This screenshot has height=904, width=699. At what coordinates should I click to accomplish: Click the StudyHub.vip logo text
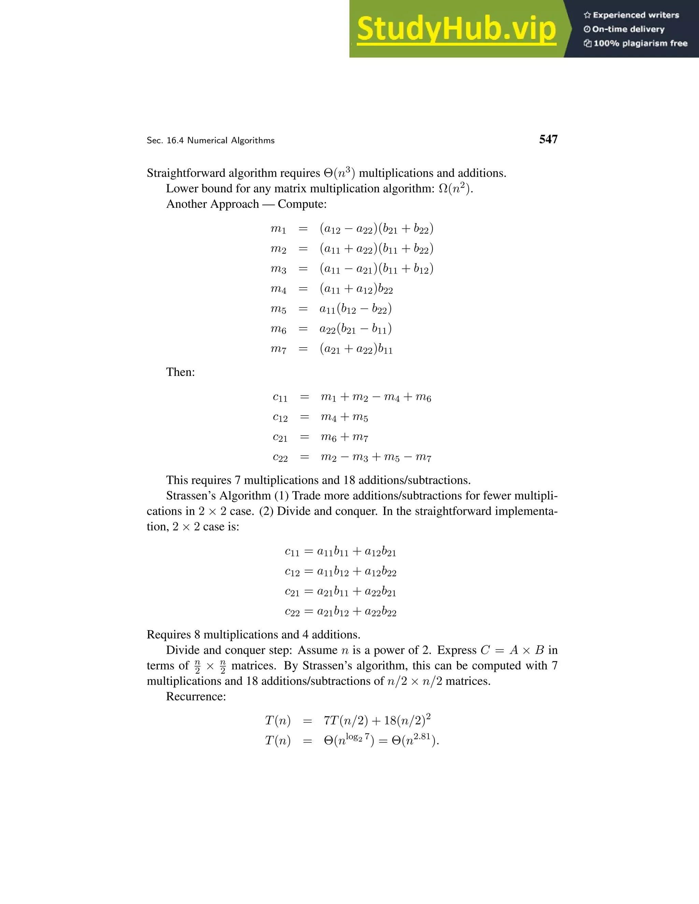click(x=456, y=29)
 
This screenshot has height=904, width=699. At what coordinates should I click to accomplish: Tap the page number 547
click(x=548, y=140)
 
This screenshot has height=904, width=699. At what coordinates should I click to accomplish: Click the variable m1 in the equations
click(x=278, y=229)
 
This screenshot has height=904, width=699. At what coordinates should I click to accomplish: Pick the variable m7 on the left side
click(x=278, y=349)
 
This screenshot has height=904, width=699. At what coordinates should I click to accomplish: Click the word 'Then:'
click(x=181, y=372)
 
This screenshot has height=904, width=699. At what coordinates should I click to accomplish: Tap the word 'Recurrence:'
click(x=196, y=696)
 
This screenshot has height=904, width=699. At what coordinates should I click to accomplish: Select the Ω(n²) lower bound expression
click(x=455, y=189)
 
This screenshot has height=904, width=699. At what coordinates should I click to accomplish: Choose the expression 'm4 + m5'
click(x=344, y=417)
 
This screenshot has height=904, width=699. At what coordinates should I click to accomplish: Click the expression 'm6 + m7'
click(x=344, y=437)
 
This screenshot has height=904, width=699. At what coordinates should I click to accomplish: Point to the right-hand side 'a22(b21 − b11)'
click(x=355, y=329)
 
